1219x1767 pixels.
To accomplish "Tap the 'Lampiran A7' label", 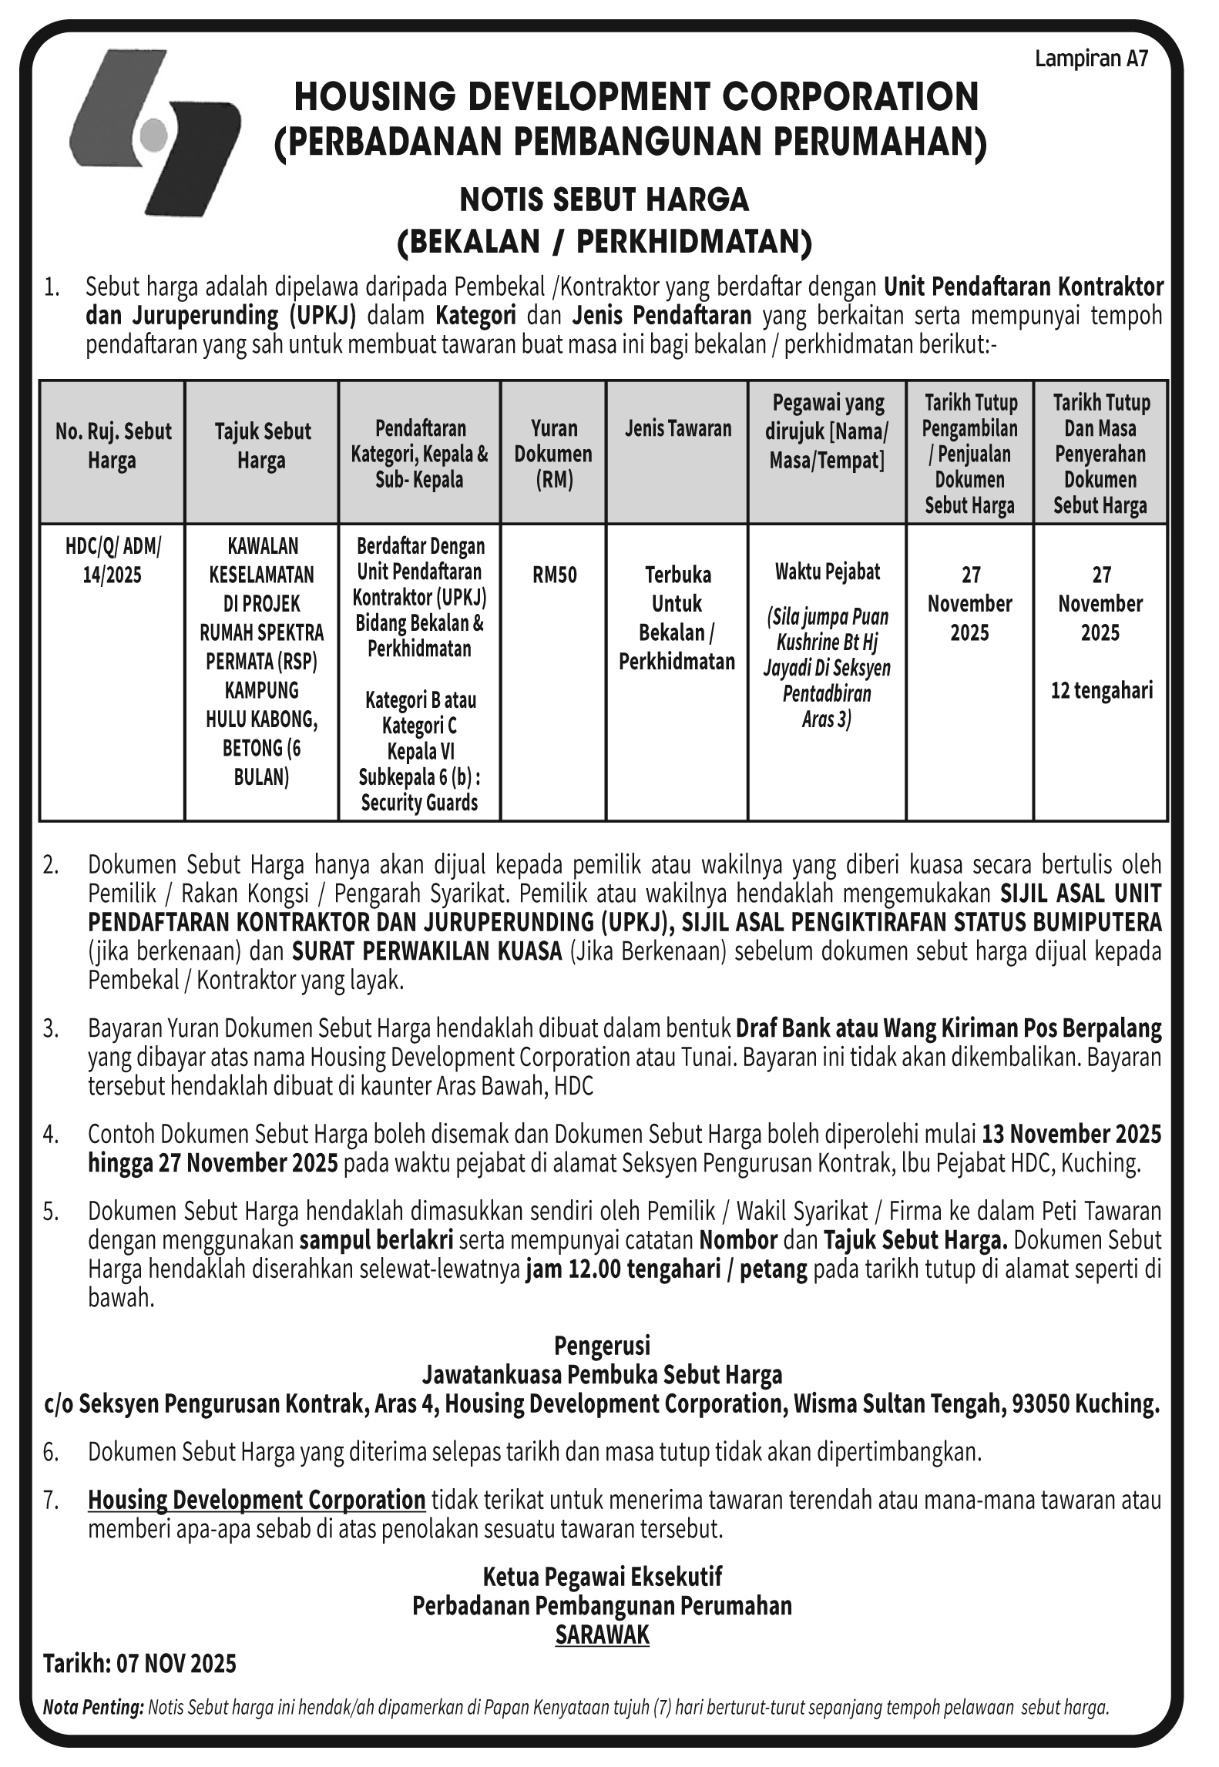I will tap(1091, 60).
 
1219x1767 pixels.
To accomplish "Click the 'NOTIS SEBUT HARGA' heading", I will tap(604, 200).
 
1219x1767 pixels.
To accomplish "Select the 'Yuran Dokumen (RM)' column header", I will tap(553, 454).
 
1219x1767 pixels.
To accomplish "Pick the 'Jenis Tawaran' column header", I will tap(678, 428).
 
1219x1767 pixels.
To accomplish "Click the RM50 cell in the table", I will tap(554, 575).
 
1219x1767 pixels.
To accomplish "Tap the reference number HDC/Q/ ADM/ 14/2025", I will tap(112, 561).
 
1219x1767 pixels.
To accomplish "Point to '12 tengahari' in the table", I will tap(1101, 690).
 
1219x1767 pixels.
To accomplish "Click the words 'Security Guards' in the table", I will tap(419, 803).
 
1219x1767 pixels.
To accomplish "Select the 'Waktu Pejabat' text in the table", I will tap(827, 572).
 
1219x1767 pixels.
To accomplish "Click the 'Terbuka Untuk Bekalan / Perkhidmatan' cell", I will tap(677, 618).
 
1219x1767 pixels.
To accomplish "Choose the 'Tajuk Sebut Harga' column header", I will tap(261, 446).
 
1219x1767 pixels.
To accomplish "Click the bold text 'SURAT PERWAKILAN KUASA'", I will tap(426, 951).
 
